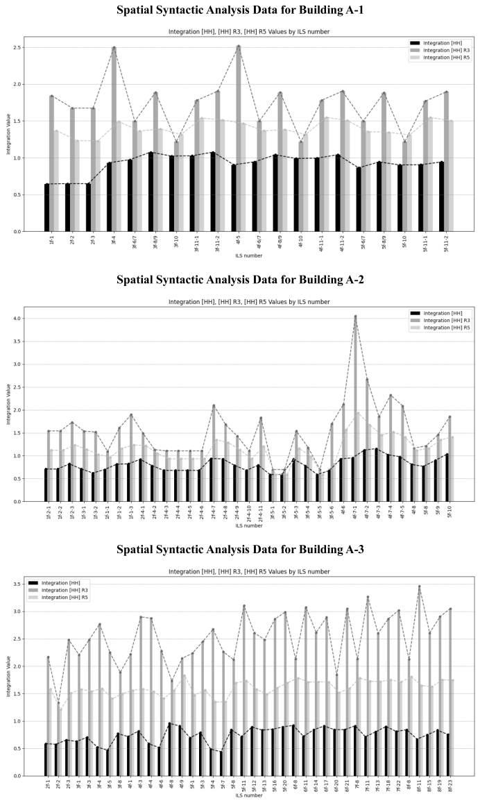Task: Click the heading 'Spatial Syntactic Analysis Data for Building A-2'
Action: point(239,279)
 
